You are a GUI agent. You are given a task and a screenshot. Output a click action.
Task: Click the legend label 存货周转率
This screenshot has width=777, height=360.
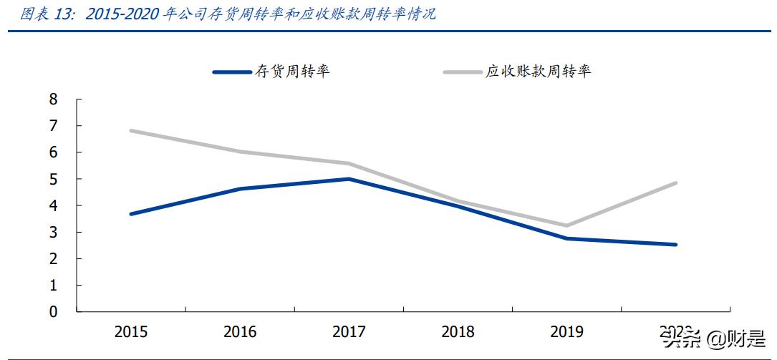click(x=292, y=71)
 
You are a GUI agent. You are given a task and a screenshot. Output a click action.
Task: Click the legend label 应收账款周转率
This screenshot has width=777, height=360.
click(x=539, y=71)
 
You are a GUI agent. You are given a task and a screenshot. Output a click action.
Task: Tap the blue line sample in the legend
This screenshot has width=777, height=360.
click(x=232, y=72)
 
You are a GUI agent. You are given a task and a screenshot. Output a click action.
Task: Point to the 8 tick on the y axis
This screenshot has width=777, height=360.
click(x=53, y=99)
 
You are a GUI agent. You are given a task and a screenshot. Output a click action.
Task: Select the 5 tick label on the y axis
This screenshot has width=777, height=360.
click(x=53, y=179)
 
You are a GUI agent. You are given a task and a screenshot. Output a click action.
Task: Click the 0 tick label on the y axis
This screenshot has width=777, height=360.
click(x=53, y=312)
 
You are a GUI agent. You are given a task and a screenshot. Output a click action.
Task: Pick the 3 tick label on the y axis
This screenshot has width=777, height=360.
click(x=53, y=232)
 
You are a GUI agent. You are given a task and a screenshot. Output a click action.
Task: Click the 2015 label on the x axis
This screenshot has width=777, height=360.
click(x=131, y=331)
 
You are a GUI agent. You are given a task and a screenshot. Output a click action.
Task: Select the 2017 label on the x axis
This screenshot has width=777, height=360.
click(x=349, y=331)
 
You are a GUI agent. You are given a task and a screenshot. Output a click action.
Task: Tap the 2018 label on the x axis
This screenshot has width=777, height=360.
click(x=458, y=331)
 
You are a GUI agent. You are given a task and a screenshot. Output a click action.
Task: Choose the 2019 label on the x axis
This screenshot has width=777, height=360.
click(x=566, y=331)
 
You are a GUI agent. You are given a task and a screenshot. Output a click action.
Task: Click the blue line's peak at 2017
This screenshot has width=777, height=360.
click(x=349, y=179)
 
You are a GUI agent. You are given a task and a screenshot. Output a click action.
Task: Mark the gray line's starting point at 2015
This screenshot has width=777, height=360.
click(x=131, y=130)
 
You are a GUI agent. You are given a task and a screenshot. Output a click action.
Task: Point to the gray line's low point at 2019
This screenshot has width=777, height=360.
click(x=566, y=225)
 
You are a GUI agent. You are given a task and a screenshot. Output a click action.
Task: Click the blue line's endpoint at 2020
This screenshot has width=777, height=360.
click(x=675, y=245)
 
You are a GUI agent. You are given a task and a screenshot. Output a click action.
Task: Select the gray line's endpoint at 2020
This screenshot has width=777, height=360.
click(x=675, y=183)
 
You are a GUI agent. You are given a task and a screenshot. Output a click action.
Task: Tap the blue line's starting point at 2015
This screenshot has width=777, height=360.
click(x=131, y=214)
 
